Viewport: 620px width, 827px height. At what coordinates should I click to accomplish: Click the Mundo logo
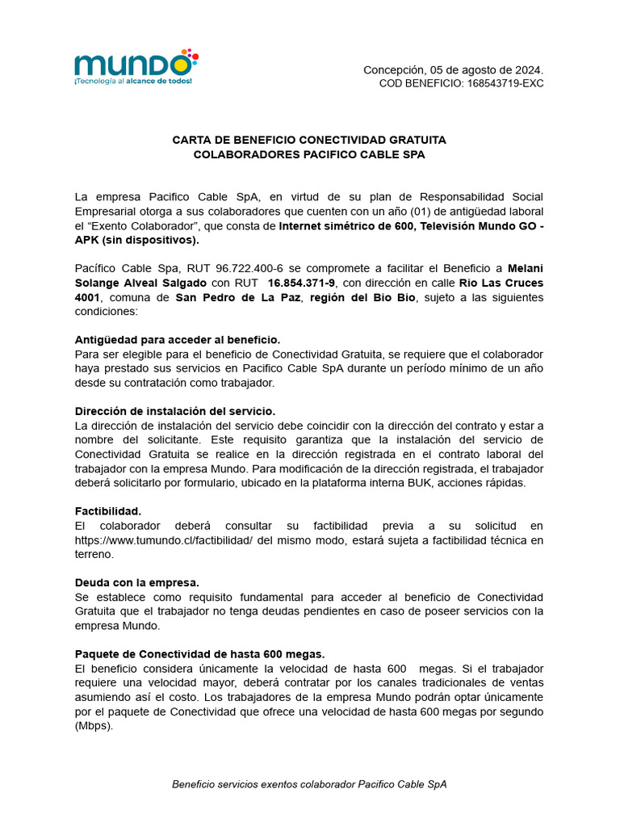coord(135,67)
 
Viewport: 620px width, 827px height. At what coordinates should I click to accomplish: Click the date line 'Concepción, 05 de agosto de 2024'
coord(453,70)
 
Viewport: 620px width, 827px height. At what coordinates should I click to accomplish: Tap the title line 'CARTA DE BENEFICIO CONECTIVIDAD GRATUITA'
coord(309,140)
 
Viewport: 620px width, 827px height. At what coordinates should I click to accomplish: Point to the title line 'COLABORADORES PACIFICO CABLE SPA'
coord(309,154)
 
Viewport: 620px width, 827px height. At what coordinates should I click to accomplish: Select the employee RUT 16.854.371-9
coord(302,283)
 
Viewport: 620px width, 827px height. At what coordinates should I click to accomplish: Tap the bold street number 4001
coord(90,298)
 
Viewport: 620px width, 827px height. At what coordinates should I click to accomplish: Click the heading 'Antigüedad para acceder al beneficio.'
coord(178,340)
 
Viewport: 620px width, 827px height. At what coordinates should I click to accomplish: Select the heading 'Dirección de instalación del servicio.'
coord(175,411)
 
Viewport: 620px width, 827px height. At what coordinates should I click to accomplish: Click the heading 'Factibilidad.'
coord(108,511)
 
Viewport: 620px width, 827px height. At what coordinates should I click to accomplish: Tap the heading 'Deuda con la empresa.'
coord(136,582)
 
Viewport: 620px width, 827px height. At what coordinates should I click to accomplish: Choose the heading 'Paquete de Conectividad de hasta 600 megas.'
coord(199,653)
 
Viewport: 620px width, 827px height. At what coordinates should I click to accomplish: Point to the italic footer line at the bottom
coord(309,784)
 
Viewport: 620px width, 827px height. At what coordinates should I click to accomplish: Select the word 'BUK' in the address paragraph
coord(441,483)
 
